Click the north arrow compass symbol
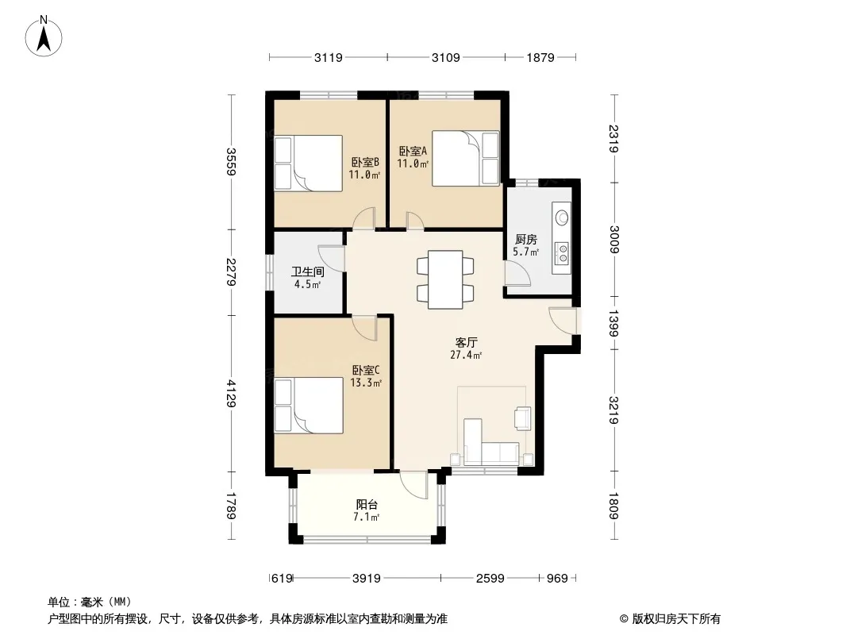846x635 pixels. point(44,37)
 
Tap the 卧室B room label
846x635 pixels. point(365,163)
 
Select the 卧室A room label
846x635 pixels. point(413,152)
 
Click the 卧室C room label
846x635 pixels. point(366,371)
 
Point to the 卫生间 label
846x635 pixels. point(308,272)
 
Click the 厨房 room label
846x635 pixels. point(526,240)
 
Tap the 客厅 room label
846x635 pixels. point(466,343)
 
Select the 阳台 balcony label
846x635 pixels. point(367,505)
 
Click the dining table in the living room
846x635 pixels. point(445,279)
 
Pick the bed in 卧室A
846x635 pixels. point(466,159)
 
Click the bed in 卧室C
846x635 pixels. point(309,405)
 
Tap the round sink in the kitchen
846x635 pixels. point(562,218)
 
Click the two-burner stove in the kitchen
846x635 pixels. point(562,253)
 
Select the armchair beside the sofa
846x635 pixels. point(523,418)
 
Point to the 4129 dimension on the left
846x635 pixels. point(231,393)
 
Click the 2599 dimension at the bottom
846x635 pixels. point(490,579)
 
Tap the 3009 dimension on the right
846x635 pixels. point(614,240)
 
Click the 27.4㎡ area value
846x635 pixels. point(466,355)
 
